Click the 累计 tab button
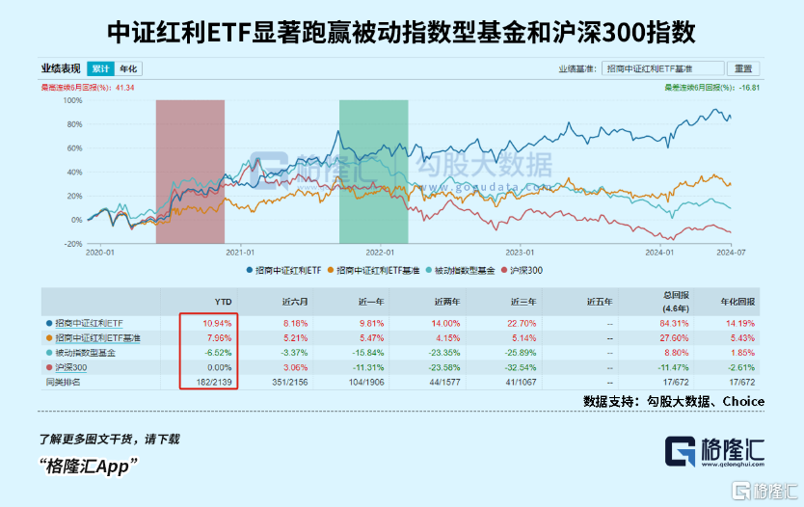click(x=99, y=68)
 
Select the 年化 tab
click(x=128, y=68)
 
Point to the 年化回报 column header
click(x=739, y=301)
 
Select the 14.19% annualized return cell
click(x=739, y=322)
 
